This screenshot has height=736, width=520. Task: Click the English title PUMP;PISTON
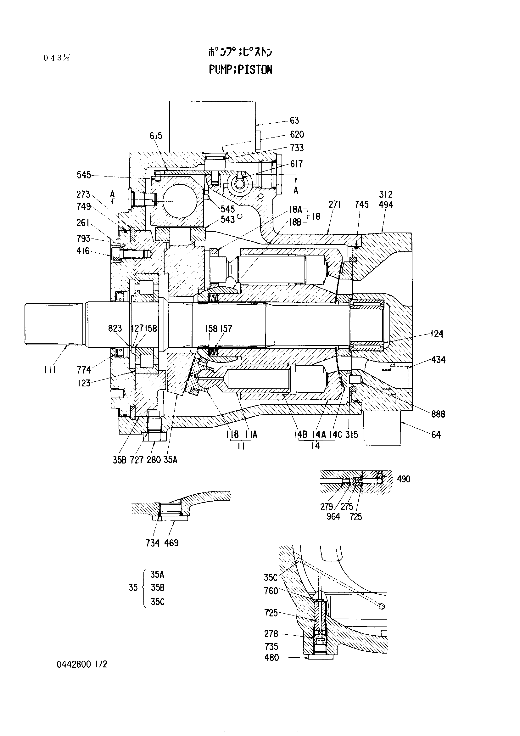tap(240, 70)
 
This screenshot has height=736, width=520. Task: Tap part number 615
tap(156, 136)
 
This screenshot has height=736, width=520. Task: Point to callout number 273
tap(84, 194)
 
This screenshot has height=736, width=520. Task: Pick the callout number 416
tap(83, 251)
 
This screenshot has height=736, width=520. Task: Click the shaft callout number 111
tap(50, 370)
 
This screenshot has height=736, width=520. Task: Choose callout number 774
tap(84, 370)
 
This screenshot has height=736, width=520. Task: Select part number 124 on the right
tap(437, 334)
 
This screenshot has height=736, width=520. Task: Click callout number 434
tap(438, 360)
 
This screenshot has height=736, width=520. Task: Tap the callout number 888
tap(438, 414)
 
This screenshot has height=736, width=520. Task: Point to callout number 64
tap(436, 435)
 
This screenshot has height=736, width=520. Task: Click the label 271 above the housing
tap(334, 205)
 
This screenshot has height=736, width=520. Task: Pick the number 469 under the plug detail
tap(171, 543)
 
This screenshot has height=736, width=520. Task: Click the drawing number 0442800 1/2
tap(82, 665)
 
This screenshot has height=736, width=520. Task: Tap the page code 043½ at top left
tap(57, 58)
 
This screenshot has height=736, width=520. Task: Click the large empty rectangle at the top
tap(212, 126)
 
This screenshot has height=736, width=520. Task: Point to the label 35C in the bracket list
tap(158, 602)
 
